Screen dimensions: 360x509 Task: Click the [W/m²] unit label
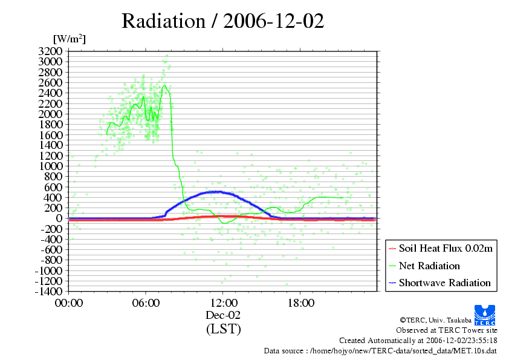pos(69,39)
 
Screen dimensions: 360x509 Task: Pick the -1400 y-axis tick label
pos(48,291)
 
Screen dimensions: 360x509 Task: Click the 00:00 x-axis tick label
pos(68,303)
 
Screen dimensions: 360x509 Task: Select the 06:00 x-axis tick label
pos(146,303)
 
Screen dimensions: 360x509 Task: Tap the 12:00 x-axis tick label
pos(223,303)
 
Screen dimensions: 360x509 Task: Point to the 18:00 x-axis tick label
pos(300,303)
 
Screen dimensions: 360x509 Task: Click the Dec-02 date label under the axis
pos(223,315)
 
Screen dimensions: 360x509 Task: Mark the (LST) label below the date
pos(223,329)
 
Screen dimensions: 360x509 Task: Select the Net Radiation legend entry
pos(429,266)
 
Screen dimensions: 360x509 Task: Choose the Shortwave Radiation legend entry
pos(444,283)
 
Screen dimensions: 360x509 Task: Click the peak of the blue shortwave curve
pos(216,192)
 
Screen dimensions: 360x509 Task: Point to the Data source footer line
pos(380,351)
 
